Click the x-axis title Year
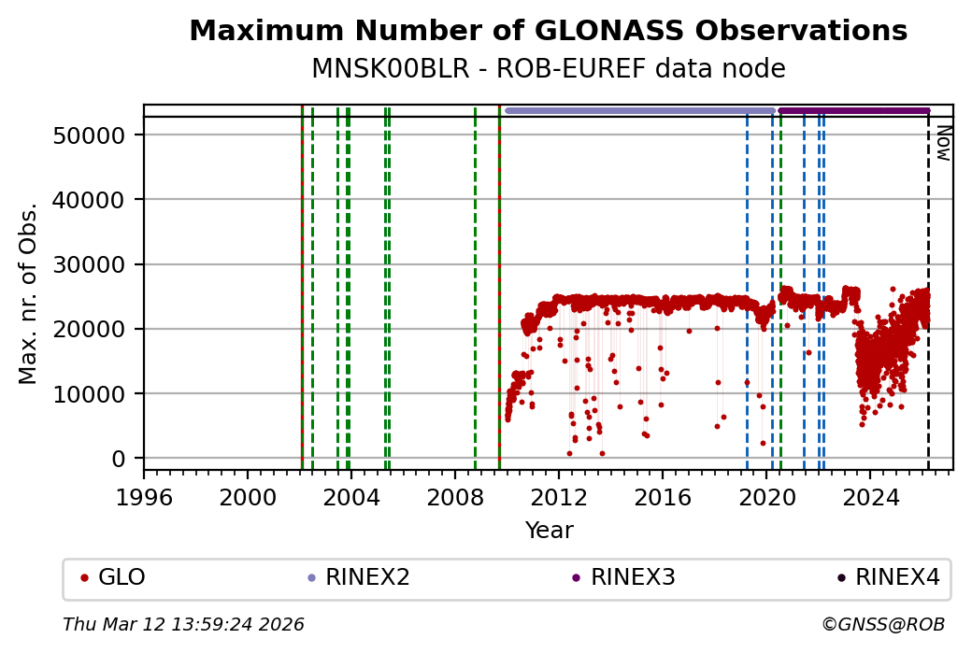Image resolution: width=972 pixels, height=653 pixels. pyautogui.click(x=549, y=531)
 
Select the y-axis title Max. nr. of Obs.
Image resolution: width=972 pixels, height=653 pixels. pyautogui.click(x=29, y=292)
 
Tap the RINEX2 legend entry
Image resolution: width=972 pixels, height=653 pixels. pyautogui.click(x=367, y=577)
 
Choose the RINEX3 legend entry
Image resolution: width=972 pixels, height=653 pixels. pyautogui.click(x=633, y=577)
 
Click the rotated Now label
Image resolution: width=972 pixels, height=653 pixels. pyautogui.click(x=943, y=142)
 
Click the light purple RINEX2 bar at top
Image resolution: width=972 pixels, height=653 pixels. pyautogui.click(x=640, y=110)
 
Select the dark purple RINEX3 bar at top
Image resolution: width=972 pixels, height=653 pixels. pyautogui.click(x=853, y=110)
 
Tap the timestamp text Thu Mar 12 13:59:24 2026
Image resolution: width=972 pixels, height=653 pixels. pyautogui.click(x=183, y=624)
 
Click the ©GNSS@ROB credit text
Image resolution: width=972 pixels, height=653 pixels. pyautogui.click(x=882, y=624)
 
